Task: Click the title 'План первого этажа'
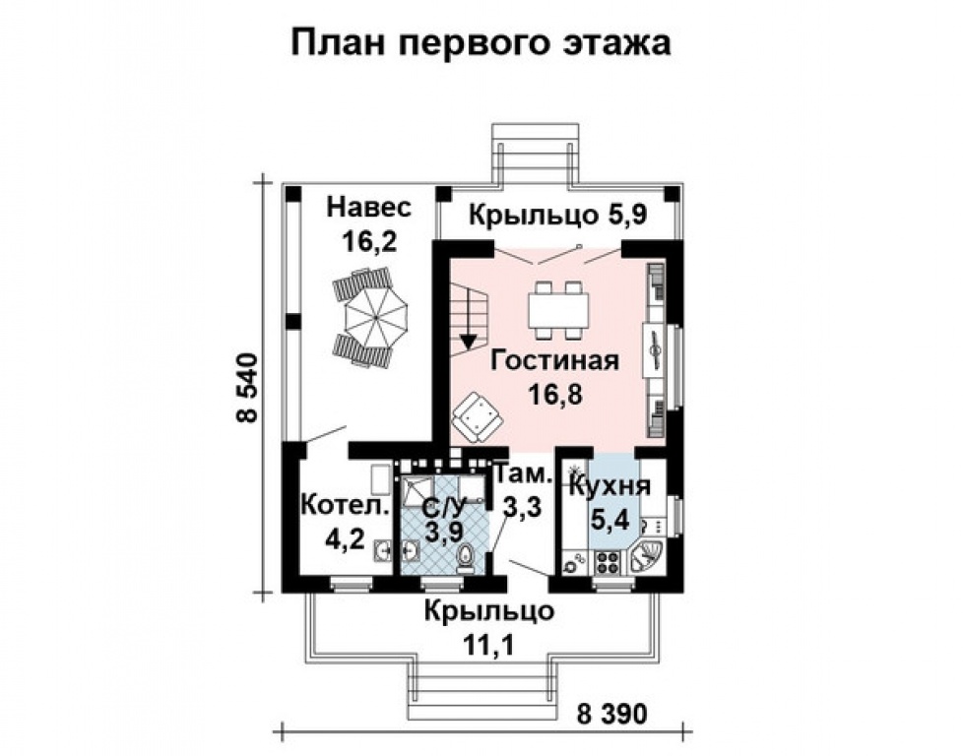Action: [481, 42]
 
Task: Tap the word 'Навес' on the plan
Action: [369, 209]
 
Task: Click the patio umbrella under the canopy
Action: [368, 317]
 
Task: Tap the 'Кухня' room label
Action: [610, 485]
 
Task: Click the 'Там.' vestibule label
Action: [524, 474]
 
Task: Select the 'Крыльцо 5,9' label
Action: [556, 215]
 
